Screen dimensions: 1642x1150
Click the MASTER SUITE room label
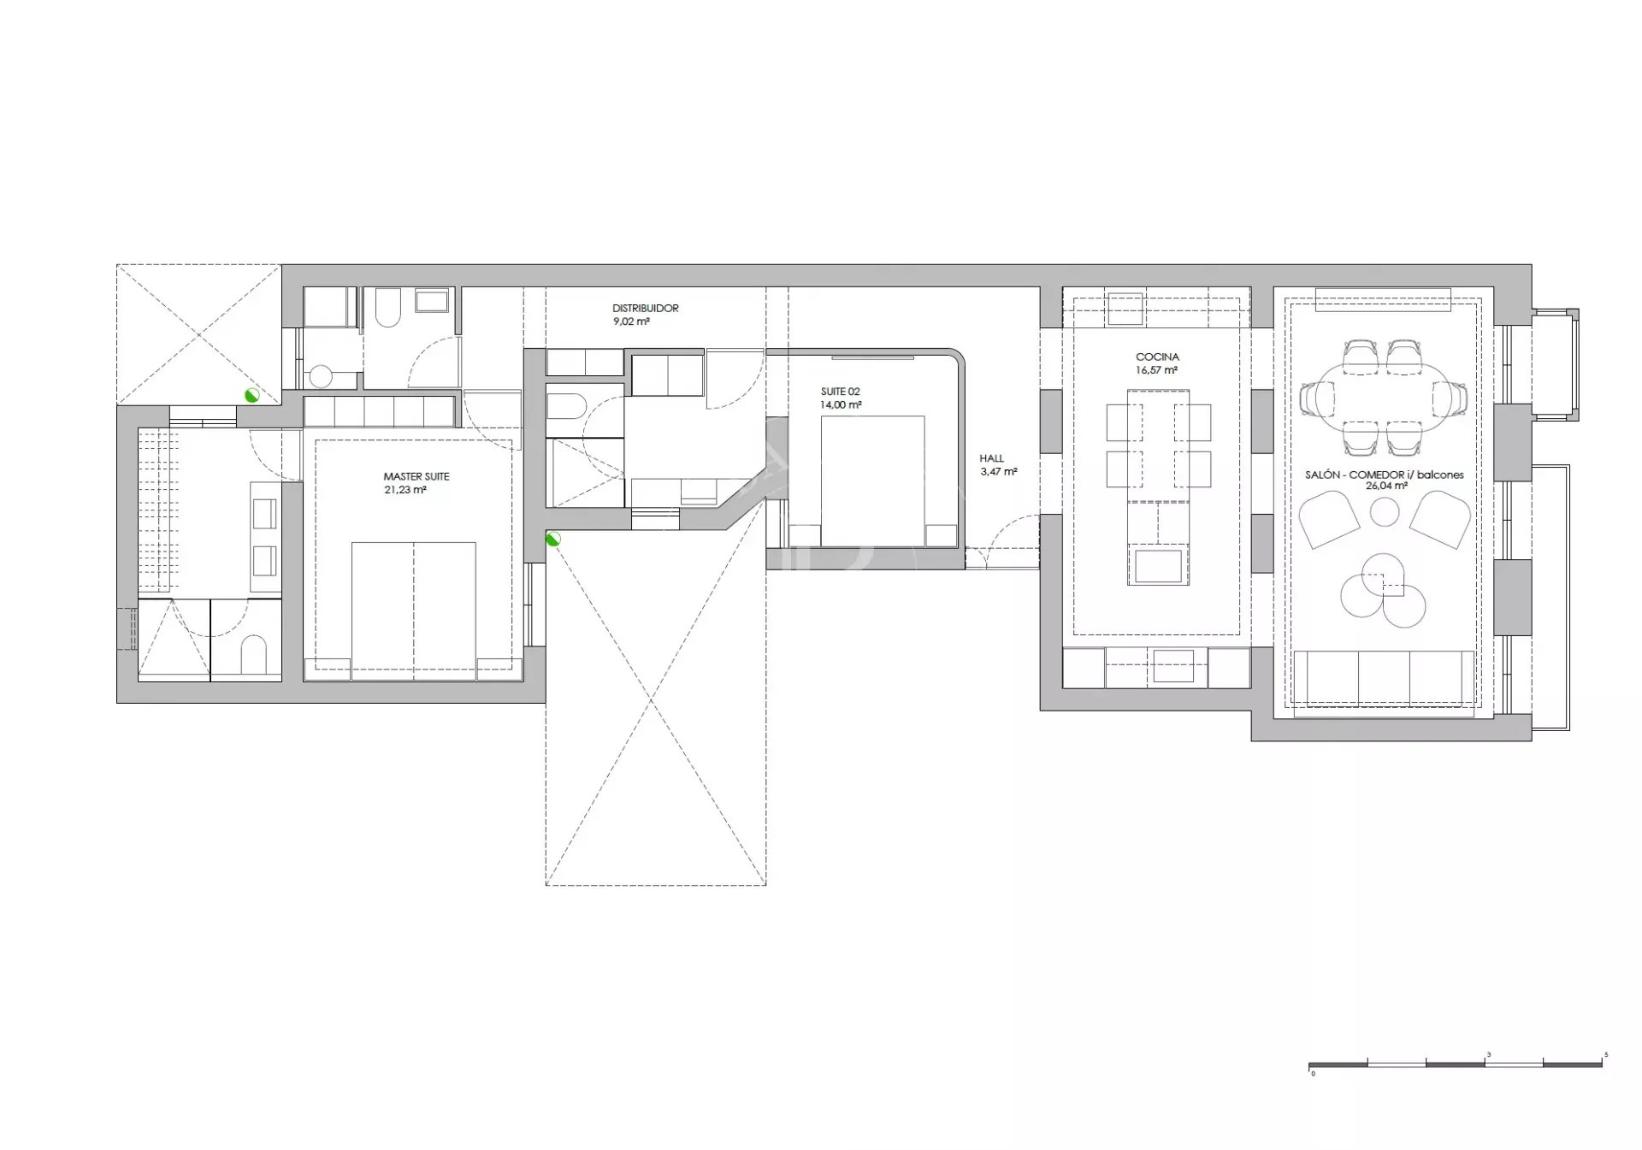pyautogui.click(x=416, y=477)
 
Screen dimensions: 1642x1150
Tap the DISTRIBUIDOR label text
pyautogui.click(x=646, y=309)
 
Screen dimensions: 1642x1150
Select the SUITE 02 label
pyautogui.click(x=841, y=392)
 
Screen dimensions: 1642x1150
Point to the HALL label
pyautogui.click(x=992, y=458)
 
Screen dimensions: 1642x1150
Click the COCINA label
pyautogui.click(x=1157, y=357)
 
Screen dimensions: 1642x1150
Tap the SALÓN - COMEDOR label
pyautogui.click(x=1385, y=475)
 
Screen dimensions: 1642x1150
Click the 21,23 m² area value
pyautogui.click(x=405, y=491)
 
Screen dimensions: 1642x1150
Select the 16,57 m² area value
pyautogui.click(x=1157, y=371)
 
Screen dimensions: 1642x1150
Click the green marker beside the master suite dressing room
pyautogui.click(x=251, y=395)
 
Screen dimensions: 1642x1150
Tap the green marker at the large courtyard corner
pyautogui.click(x=552, y=539)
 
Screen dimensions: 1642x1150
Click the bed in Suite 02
pyautogui.click(x=872, y=481)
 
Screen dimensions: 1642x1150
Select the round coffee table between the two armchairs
pyautogui.click(x=1385, y=514)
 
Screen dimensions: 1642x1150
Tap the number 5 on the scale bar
pyautogui.click(x=1606, y=1055)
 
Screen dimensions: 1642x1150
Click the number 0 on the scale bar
pyautogui.click(x=1313, y=1074)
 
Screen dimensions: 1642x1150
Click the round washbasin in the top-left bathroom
pyautogui.click(x=321, y=377)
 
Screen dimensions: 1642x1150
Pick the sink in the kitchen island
pyautogui.click(x=1158, y=564)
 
